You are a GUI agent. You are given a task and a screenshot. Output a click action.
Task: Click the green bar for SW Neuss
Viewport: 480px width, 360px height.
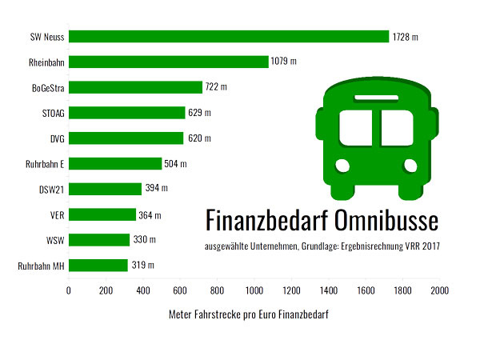[x=228, y=36]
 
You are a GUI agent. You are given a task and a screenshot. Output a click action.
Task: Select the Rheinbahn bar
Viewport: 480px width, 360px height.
[x=168, y=62]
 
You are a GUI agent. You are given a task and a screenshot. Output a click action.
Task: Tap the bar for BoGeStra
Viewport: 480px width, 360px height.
[x=135, y=87]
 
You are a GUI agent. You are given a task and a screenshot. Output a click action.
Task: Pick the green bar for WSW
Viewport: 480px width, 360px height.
[x=99, y=240]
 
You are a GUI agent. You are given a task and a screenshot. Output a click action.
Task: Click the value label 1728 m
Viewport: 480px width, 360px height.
[x=406, y=37]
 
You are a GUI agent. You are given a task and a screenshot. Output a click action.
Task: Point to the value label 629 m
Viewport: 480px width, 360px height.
[x=200, y=113]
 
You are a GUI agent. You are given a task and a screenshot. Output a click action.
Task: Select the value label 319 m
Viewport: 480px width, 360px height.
[x=142, y=266]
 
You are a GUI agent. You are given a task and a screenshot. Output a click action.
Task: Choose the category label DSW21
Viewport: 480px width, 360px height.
[x=51, y=190]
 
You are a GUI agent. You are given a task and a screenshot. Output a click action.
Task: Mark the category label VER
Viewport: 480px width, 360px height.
[x=56, y=215]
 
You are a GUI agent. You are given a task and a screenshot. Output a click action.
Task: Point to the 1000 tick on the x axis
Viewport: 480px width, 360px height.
[x=254, y=291]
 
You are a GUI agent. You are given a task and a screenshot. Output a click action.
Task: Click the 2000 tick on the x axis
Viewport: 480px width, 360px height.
[x=439, y=291]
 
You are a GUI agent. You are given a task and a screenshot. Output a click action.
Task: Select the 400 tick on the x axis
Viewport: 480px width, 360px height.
[x=142, y=291]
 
